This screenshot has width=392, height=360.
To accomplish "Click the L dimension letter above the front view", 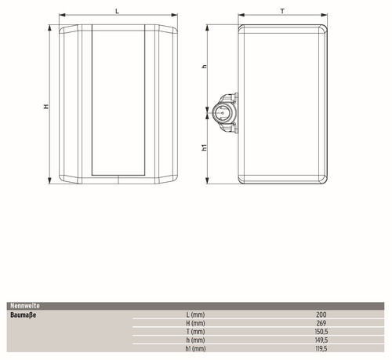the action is coord(117,11).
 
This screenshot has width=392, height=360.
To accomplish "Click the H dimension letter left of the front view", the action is coord(46,107).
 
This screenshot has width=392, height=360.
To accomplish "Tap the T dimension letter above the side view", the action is coord(282,11).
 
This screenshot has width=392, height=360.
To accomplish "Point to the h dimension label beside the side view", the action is coord(205,67).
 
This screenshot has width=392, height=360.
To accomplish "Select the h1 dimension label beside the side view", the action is coord(205,147).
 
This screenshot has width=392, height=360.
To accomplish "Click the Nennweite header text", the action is coord(25,306).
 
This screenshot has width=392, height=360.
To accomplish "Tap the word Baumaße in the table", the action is coord(24,315).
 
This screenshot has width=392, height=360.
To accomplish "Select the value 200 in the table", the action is coord(321,315).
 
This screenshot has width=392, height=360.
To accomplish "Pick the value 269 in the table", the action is coord(321,323).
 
